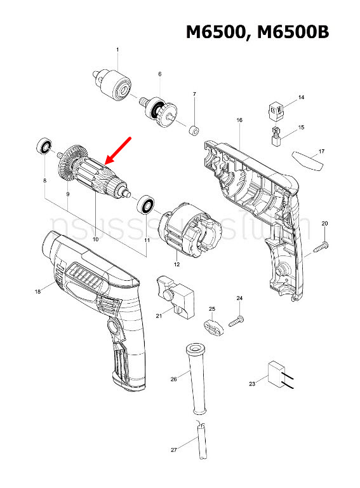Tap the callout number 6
(x=160, y=74)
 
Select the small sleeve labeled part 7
(x=191, y=131)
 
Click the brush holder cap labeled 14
(x=275, y=111)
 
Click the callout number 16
(x=239, y=120)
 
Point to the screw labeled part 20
(x=321, y=246)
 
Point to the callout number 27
(x=174, y=451)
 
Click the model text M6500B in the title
(x=294, y=33)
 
